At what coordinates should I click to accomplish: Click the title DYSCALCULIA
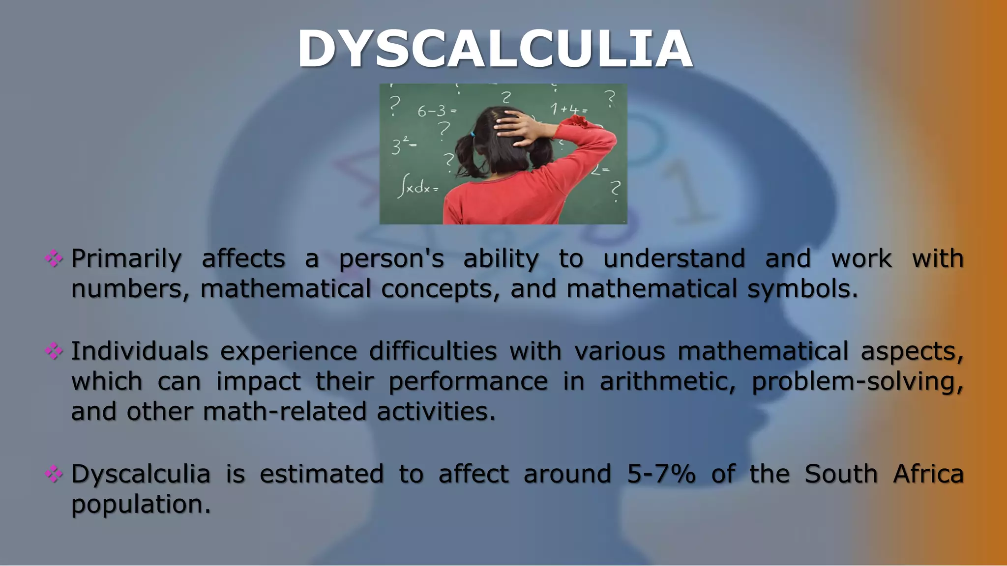(495, 49)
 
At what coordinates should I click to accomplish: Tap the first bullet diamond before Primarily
(54, 258)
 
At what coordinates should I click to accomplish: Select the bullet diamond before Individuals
(54, 351)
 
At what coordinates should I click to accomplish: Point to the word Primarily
(126, 259)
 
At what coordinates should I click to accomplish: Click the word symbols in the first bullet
(802, 289)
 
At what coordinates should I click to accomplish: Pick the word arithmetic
(667, 382)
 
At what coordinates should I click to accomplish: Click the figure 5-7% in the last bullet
(661, 474)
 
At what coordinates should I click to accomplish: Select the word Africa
(928, 474)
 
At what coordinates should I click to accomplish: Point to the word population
(141, 505)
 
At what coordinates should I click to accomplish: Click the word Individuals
(140, 351)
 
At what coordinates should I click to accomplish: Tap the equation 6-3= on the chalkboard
(437, 111)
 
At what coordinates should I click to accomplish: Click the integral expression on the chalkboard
(418, 187)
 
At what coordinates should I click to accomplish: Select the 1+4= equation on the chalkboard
(568, 109)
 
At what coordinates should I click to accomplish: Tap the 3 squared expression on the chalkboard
(404, 145)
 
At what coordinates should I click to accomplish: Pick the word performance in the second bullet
(468, 382)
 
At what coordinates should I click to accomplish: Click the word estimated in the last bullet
(322, 474)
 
